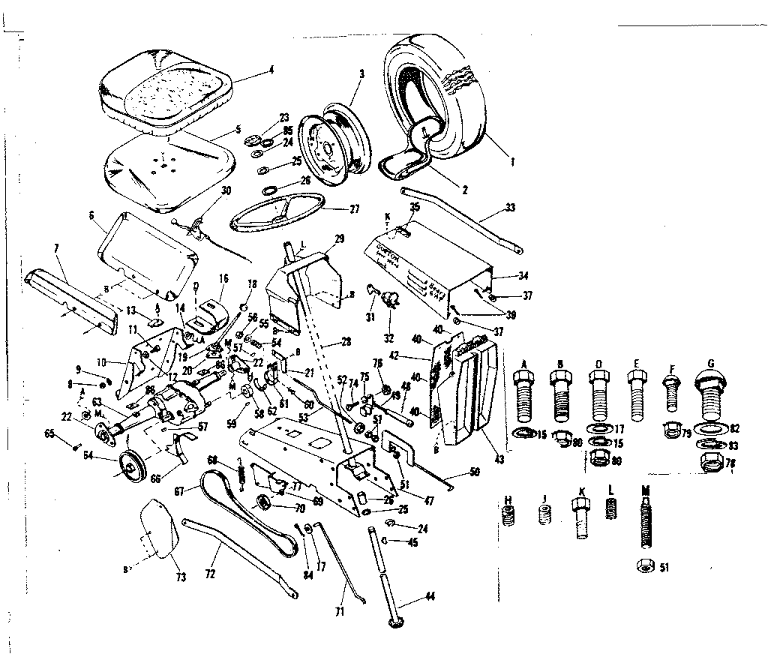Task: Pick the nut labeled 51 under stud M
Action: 645,567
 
